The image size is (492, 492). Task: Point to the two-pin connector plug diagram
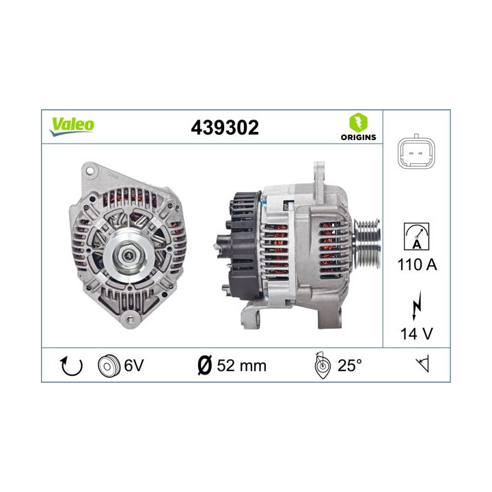pyautogui.click(x=416, y=152)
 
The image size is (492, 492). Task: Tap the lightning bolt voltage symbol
pyautogui.click(x=416, y=307)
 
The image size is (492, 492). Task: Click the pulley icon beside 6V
pyautogui.click(x=108, y=365)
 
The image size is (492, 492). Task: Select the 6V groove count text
pyautogui.click(x=133, y=366)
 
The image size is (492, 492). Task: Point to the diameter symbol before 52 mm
pyautogui.click(x=204, y=366)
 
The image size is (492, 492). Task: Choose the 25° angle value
pyautogui.click(x=349, y=366)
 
